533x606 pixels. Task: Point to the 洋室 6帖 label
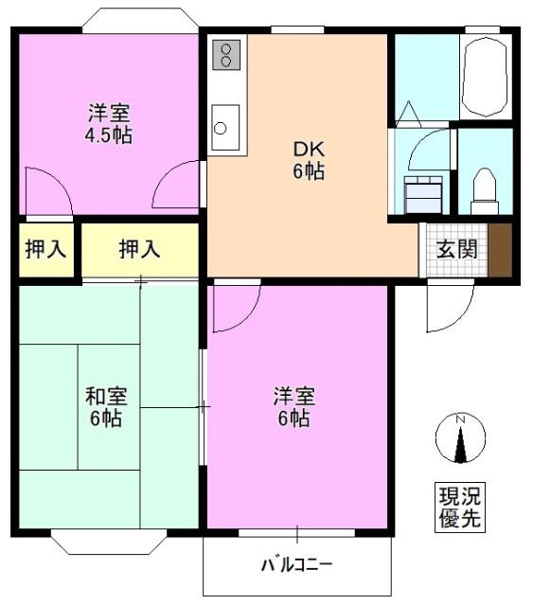[x=293, y=406]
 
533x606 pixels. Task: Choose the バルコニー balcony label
[x=297, y=565]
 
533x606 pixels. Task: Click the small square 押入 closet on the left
[x=44, y=250]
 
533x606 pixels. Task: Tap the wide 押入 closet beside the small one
[x=139, y=250]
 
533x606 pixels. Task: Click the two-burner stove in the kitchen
[x=226, y=55]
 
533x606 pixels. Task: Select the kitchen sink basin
[x=225, y=126]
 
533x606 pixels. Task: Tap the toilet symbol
[x=484, y=188]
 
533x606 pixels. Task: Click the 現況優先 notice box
[x=460, y=507]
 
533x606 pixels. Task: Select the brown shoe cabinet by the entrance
[x=500, y=250]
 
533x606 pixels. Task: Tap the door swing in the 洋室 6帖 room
[x=234, y=308]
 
